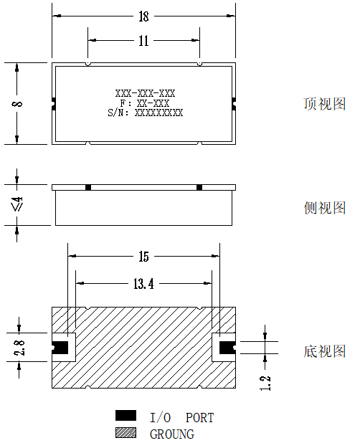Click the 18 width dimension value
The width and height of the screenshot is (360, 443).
[143, 16]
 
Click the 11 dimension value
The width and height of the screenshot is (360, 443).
[143, 41]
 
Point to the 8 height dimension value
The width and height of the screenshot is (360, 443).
[17, 103]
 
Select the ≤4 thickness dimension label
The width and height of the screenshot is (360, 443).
[17, 204]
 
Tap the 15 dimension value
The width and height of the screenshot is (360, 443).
[143, 257]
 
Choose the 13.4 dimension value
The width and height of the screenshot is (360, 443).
[143, 284]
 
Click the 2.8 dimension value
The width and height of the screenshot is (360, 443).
[19, 348]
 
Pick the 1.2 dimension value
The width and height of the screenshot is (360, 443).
[265, 384]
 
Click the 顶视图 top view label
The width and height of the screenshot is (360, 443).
[325, 104]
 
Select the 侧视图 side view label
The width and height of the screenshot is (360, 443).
[325, 208]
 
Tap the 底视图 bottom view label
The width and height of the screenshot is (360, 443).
[325, 351]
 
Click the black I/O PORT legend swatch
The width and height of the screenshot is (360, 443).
[125, 416]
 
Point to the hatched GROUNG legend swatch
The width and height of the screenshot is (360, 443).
[125, 432]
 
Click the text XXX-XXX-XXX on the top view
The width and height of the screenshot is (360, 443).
[146, 93]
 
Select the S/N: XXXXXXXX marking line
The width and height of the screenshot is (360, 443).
[146, 113]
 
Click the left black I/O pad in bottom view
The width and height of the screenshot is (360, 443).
[60, 348]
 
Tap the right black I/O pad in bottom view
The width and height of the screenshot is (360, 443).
[227, 348]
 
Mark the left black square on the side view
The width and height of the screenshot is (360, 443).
[88, 187]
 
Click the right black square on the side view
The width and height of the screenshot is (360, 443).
[199, 187]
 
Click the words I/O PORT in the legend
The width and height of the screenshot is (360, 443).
[182, 418]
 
